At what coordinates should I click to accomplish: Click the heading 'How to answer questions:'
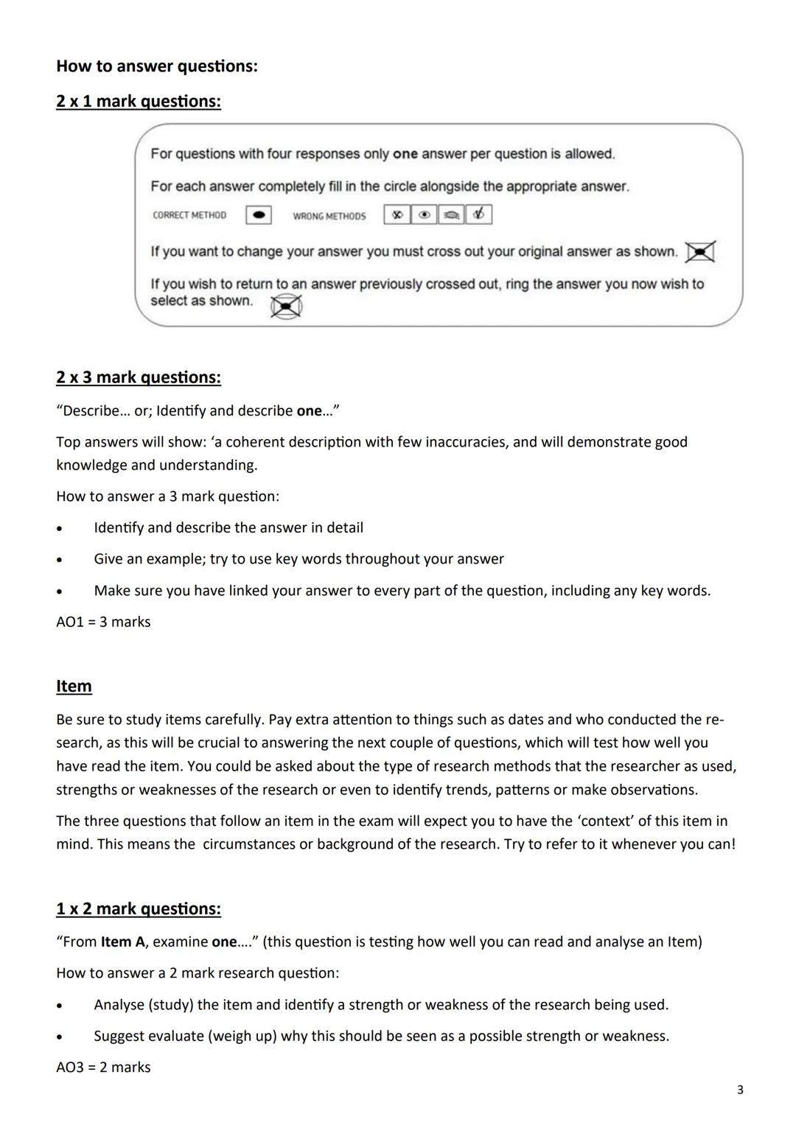157,66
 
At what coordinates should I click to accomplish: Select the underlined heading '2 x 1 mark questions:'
138,101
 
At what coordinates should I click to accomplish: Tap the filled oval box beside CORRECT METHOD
258,215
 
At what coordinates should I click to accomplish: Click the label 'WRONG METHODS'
329,216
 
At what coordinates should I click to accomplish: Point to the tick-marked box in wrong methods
479,214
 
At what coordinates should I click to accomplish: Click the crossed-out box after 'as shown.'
699,252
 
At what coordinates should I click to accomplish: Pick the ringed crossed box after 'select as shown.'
286,306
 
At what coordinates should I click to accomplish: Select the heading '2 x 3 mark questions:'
138,377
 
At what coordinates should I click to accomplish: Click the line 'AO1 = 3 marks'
103,622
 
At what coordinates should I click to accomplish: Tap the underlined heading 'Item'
74,686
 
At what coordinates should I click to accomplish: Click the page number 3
740,1090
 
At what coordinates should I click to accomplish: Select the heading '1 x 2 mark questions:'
138,908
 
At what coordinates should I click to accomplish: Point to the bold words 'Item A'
122,942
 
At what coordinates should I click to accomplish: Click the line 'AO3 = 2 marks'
103,1067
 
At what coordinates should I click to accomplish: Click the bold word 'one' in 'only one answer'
405,154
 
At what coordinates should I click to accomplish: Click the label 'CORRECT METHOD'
189,215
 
